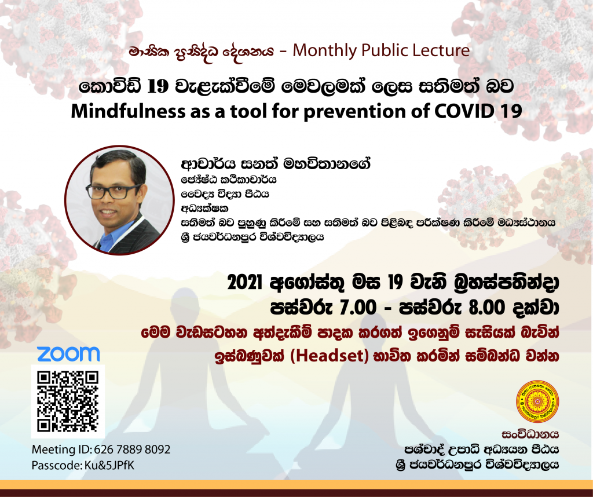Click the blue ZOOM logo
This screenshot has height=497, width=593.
(x=68, y=354)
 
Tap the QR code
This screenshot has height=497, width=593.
(x=68, y=401)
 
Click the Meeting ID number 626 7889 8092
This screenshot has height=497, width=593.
(x=132, y=450)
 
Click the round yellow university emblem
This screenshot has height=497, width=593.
(x=537, y=401)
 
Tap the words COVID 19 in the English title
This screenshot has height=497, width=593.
(x=478, y=111)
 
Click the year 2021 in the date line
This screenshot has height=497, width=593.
(x=245, y=282)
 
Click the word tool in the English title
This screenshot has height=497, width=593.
(x=249, y=111)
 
